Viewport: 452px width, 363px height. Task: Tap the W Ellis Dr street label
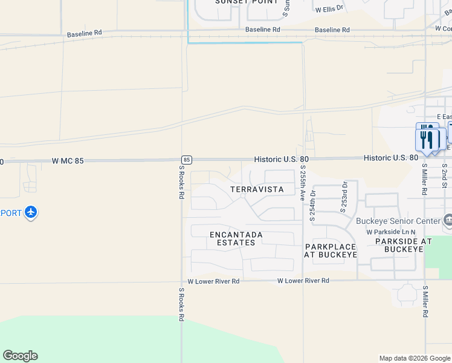point(329,9)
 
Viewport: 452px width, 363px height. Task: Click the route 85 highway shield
point(187,160)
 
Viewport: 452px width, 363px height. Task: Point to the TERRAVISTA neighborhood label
point(257,189)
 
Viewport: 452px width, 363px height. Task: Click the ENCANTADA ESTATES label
point(236,238)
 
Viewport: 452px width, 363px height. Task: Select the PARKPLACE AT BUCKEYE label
point(331,250)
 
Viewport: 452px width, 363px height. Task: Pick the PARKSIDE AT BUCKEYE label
point(403,246)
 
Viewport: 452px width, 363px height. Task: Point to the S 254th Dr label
point(312,206)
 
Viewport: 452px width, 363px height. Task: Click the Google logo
point(20,356)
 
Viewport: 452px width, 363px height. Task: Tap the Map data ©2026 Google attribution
point(415,358)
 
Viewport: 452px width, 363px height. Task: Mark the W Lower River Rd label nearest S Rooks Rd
point(213,281)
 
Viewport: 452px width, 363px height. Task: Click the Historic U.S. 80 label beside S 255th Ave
point(276,159)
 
